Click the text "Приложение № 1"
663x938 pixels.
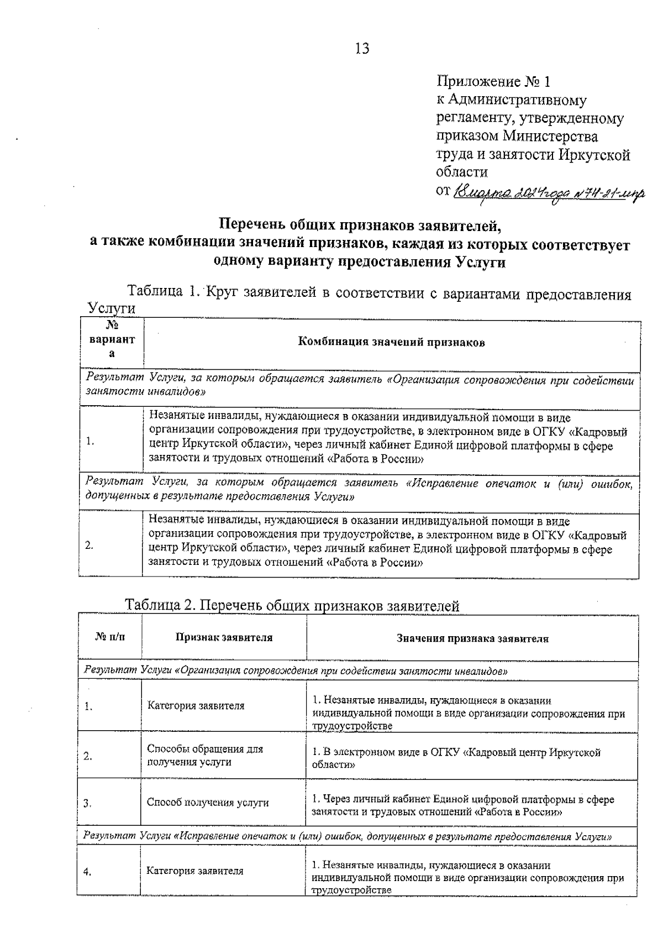494,82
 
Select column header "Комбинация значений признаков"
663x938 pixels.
391,342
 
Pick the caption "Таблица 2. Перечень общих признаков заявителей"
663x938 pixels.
292,606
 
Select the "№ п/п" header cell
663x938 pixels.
110,637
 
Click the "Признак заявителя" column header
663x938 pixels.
224,637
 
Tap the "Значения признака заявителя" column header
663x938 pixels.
472,638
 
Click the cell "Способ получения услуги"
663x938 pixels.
208,803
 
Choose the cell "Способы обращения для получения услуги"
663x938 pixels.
205,756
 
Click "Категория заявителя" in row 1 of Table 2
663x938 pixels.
196,706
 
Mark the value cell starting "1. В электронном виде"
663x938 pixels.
456,758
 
